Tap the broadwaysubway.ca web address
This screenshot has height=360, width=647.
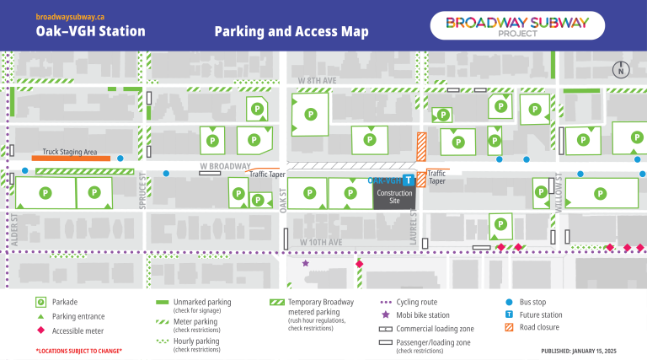pyautogui.click(x=70, y=16)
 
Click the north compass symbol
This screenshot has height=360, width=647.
pyautogui.click(x=620, y=71)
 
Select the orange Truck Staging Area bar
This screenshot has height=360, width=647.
pyautogui.click(x=71, y=158)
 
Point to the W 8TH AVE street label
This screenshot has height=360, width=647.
pyautogui.click(x=318, y=81)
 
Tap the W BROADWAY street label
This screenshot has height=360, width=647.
pyautogui.click(x=226, y=166)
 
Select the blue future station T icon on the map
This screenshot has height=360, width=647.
pyautogui.click(x=408, y=180)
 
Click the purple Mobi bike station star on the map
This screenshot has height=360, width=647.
pyautogui.click(x=306, y=264)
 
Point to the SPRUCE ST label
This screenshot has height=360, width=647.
pyautogui.click(x=143, y=192)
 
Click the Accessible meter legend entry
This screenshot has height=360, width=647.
pyautogui.click(x=76, y=330)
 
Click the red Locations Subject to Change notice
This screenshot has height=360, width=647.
pyautogui.click(x=78, y=350)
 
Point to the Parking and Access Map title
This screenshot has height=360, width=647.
pyautogui.click(x=291, y=32)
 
